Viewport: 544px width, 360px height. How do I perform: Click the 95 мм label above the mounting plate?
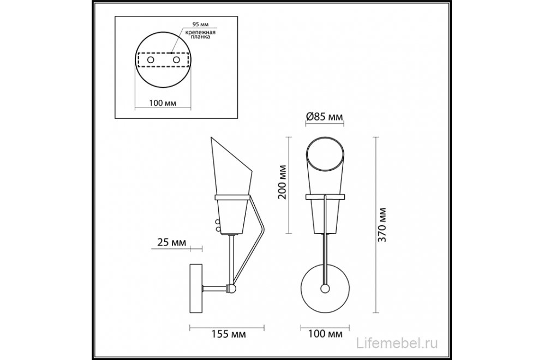click(x=200, y=25)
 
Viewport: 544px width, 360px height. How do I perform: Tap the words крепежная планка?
click(x=200, y=34)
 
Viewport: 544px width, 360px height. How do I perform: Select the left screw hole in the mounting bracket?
click(x=151, y=60)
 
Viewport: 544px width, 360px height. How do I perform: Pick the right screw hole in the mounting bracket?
click(x=176, y=60)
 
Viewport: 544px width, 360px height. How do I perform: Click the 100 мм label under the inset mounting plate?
click(x=163, y=103)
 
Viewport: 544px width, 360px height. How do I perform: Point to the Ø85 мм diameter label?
click(x=325, y=116)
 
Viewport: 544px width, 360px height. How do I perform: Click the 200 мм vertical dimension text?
click(x=283, y=182)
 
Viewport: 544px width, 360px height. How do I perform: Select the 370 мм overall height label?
click(x=382, y=225)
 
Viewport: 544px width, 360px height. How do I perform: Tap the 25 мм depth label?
click(x=171, y=242)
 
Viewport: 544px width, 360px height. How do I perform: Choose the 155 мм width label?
click(x=229, y=334)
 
